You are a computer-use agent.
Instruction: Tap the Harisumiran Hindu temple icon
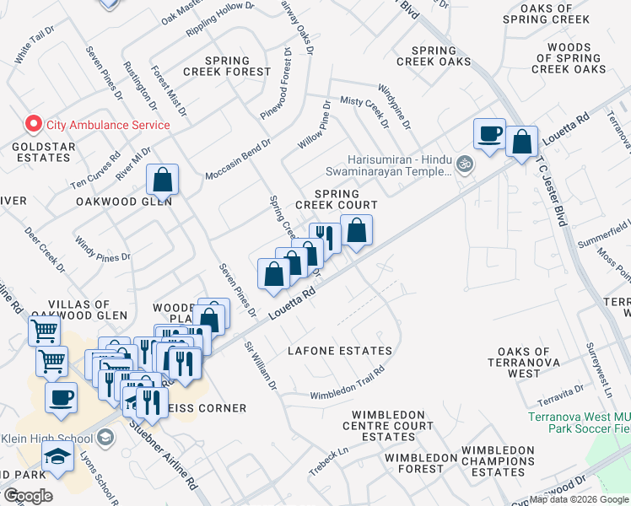coord(463,163)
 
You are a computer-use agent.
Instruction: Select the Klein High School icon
coord(105,437)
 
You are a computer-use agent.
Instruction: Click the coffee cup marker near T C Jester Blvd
coord(489,134)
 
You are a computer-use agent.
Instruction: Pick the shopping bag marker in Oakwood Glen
coord(161,180)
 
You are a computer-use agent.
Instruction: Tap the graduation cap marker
coord(58,459)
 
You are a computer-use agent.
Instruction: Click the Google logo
coord(27,495)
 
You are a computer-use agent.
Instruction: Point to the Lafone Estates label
coord(339,350)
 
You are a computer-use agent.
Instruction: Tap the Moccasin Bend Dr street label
coord(237,159)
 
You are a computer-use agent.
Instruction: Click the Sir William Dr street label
coord(260,366)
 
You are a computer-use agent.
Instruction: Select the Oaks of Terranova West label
coord(525,362)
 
